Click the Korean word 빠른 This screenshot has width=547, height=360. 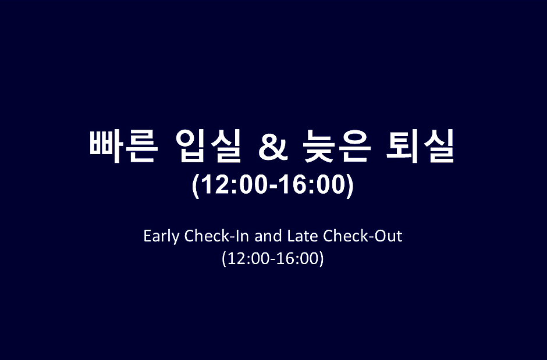[x=122, y=146]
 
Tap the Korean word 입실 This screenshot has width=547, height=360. [x=208, y=146]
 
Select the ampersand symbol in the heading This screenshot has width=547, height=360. [x=273, y=148]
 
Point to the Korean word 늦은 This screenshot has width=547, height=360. [x=336, y=146]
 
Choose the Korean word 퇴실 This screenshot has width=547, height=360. [x=420, y=146]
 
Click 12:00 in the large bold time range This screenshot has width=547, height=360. [x=235, y=184]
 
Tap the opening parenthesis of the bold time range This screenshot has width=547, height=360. [x=196, y=186]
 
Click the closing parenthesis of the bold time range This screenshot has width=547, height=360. [x=350, y=186]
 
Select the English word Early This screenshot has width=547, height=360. [x=161, y=237]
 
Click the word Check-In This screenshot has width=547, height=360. [x=216, y=236]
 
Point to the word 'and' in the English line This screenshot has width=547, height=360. [x=268, y=236]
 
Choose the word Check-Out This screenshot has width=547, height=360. [x=363, y=236]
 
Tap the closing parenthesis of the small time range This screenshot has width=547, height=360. [x=322, y=259]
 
